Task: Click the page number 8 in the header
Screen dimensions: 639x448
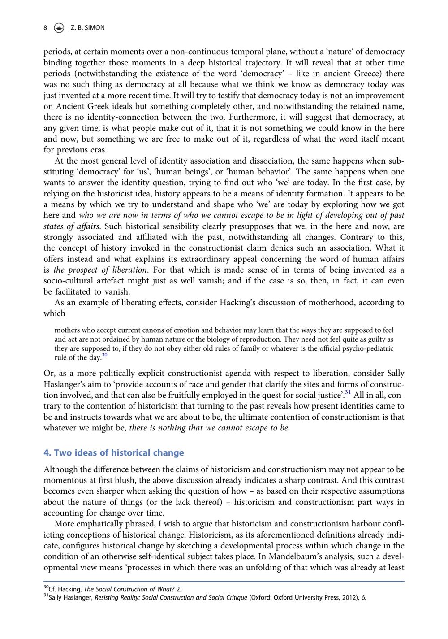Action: [x=45, y=28]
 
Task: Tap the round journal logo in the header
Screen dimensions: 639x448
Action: [x=59, y=28]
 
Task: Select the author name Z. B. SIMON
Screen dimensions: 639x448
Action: [x=88, y=28]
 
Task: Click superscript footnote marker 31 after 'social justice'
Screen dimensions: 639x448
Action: [x=348, y=393]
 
